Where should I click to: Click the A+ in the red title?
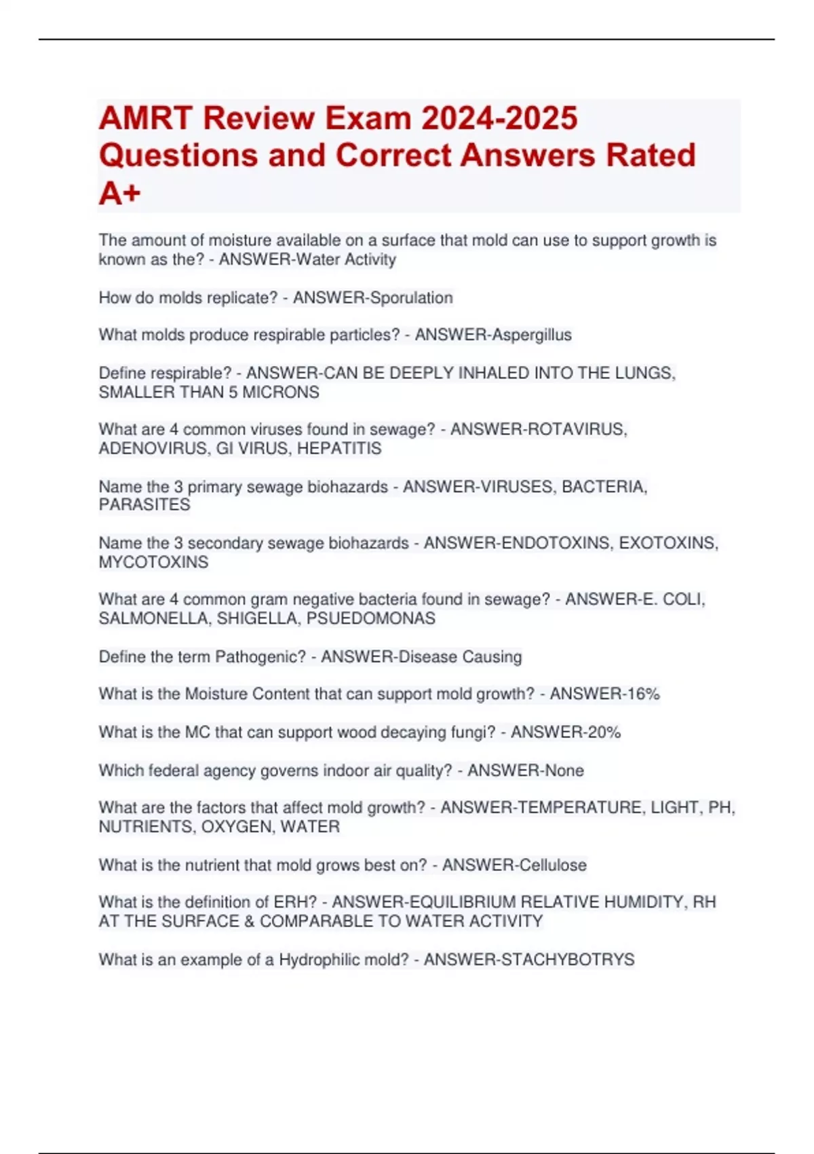119,193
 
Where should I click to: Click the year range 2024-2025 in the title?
499,118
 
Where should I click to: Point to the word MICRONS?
281,392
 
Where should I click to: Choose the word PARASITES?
144,505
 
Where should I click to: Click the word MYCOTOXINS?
153,562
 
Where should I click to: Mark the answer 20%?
603,732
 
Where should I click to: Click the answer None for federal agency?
565,770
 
